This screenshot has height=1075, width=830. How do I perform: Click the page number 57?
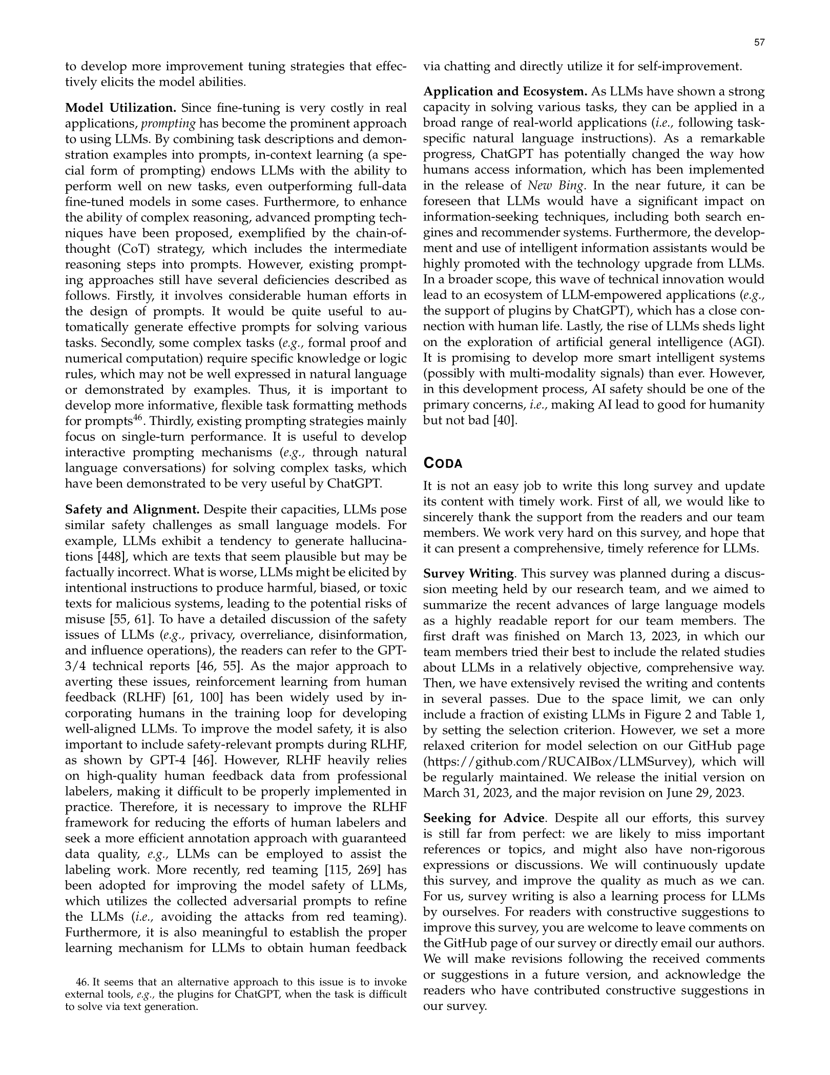pyautogui.click(x=759, y=43)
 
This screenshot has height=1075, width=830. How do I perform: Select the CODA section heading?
pyautogui.click(x=443, y=463)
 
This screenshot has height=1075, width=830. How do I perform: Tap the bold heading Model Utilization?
pyautogui.click(x=121, y=108)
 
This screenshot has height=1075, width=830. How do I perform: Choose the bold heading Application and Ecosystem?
pyautogui.click(x=505, y=92)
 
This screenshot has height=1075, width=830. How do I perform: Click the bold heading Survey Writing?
pyautogui.click(x=468, y=574)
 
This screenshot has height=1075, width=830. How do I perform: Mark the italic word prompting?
pyautogui.click(x=168, y=124)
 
